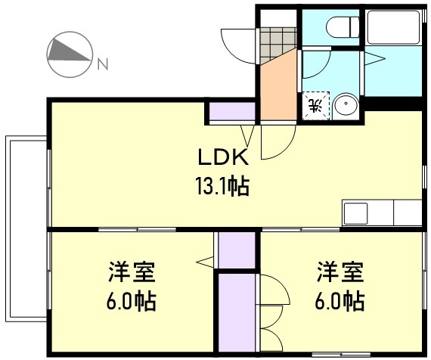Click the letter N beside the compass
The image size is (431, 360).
[x=101, y=64]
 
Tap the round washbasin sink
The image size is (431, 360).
[x=346, y=105]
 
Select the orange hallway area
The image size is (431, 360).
[x=278, y=87]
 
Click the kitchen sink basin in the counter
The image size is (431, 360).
[x=355, y=213]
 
